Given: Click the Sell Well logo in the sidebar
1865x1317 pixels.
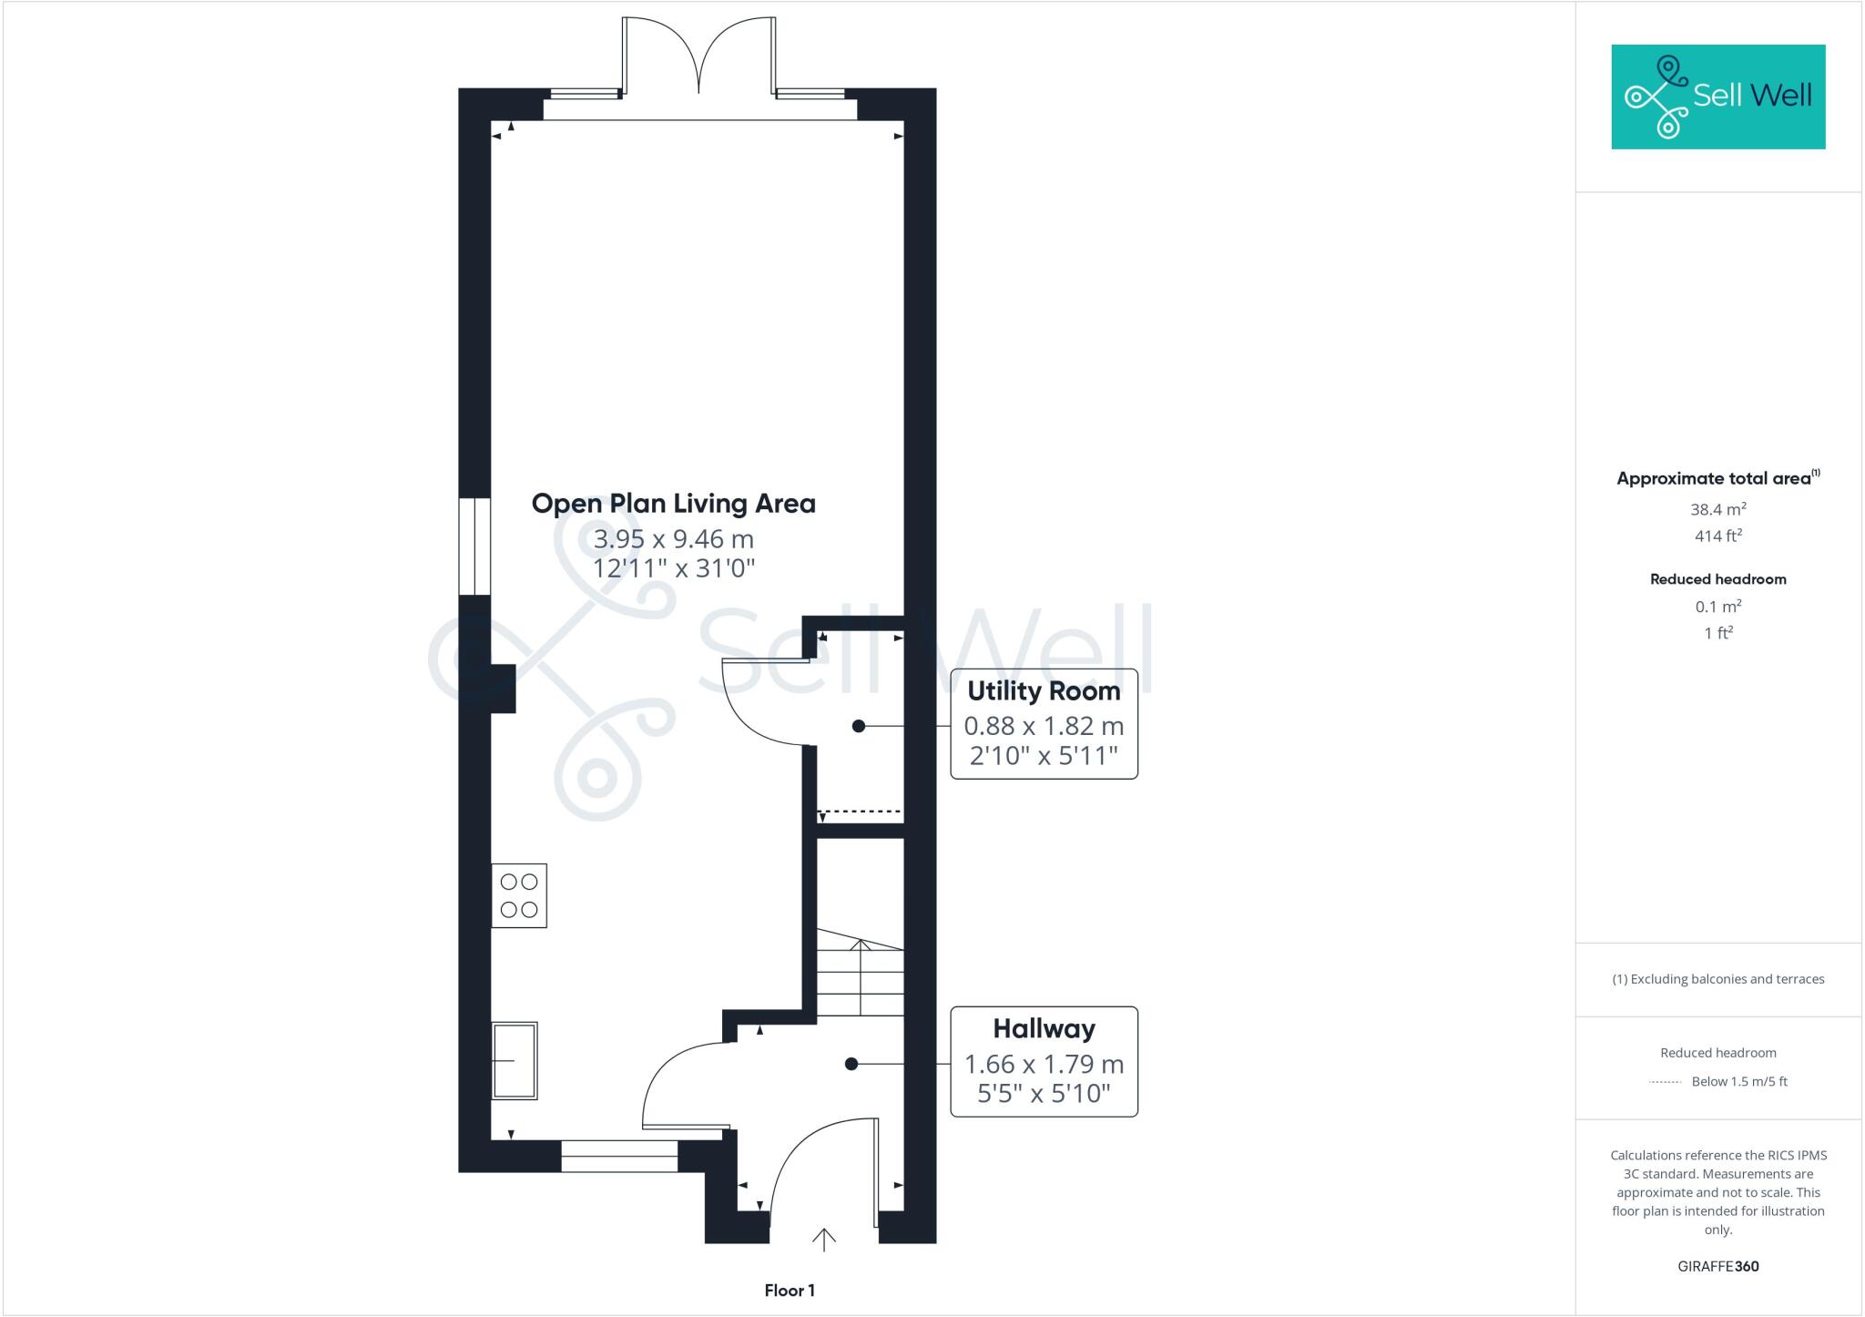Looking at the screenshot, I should pos(1717,97).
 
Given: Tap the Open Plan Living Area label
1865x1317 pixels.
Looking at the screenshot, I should pos(673,504).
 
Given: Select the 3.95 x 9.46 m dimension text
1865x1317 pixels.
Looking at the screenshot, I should pos(673,539).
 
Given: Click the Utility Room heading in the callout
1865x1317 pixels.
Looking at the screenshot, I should pos(1044,691).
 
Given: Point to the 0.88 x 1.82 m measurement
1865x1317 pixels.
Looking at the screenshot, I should pos(1044,726).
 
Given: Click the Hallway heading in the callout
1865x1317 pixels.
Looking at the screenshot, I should pos(1044,1029).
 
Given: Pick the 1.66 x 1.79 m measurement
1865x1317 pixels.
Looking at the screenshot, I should pos(1044,1064).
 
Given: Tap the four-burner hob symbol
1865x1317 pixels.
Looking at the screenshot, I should pos(519,895).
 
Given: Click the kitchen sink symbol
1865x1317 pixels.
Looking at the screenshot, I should pos(515,1060).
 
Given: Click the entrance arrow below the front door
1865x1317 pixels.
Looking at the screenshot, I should pos(823,1239).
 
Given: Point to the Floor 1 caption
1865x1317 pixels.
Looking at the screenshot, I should pos(790,1291).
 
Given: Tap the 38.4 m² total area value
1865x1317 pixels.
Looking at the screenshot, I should pos(1717,510).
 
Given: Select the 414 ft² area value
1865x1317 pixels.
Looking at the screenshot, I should pos(1717,536).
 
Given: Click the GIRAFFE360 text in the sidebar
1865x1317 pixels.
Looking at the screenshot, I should pos(1717,1266).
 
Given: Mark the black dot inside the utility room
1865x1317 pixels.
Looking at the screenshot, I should pos(858,726).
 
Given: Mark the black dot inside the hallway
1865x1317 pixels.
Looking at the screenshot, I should pos(851,1064).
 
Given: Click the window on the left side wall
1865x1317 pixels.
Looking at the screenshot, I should pos(474,546).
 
